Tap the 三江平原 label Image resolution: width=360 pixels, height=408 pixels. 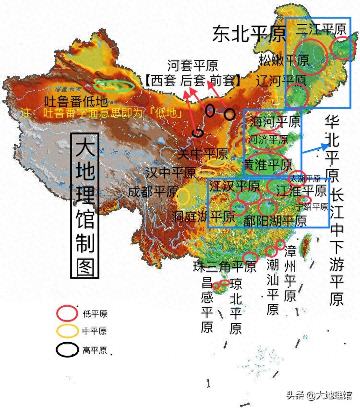[x=321, y=29]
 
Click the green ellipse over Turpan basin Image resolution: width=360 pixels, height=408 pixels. [x=114, y=86]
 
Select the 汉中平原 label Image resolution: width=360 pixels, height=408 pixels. [x=170, y=172]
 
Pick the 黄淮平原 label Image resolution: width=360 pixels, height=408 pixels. [x=267, y=165]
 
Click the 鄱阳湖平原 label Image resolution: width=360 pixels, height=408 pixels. [x=275, y=221]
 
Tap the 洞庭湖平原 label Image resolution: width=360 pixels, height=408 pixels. [x=204, y=216]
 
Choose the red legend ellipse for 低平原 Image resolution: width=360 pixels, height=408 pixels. [x=67, y=314]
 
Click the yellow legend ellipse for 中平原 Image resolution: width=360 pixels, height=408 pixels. [x=67, y=331]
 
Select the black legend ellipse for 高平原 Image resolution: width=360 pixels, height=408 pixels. [x=67, y=350]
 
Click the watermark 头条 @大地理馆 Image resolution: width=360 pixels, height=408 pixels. [x=319, y=395]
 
